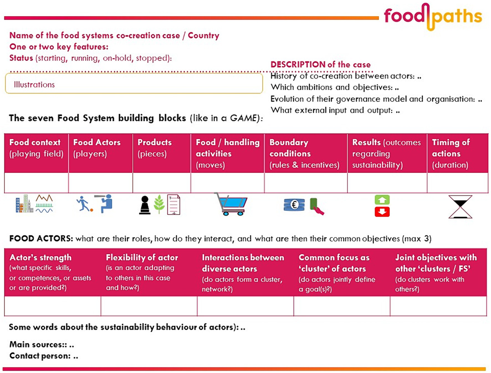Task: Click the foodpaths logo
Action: pyautogui.click(x=433, y=17)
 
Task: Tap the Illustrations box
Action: pyautogui.click(x=134, y=83)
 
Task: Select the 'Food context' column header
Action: pyautogui.click(x=36, y=153)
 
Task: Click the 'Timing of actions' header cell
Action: pyautogui.click(x=457, y=153)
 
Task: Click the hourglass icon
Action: pyautogui.click(x=460, y=207)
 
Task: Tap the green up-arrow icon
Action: pyautogui.click(x=382, y=200)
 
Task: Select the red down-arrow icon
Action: pyautogui.click(x=382, y=212)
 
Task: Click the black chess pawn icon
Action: pyautogui.click(x=145, y=205)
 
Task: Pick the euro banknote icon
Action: pyautogui.click(x=294, y=205)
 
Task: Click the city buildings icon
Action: pyautogui.click(x=24, y=204)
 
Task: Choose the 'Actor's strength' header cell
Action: pyautogui.click(x=53, y=272)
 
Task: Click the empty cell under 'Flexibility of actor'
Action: pyautogui.click(x=149, y=306)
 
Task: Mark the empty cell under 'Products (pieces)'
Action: pyautogui.click(x=162, y=182)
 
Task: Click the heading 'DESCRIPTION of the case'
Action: pyautogui.click(x=320, y=65)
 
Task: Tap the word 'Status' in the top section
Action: pyautogui.click(x=21, y=58)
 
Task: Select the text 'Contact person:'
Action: pyautogui.click(x=40, y=356)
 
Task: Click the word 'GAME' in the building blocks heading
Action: pyautogui.click(x=243, y=118)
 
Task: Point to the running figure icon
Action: pyautogui.click(x=83, y=204)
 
